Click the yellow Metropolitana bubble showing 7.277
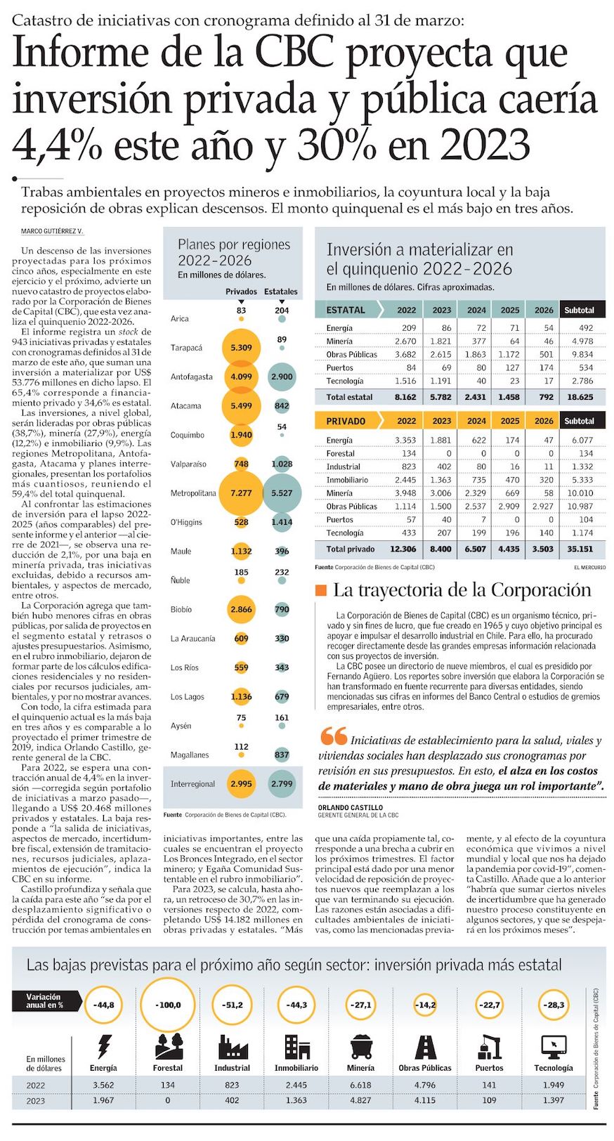tap(241, 493)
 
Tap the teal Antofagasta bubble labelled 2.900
tap(282, 377)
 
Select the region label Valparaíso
tap(188, 464)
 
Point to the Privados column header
tap(241, 292)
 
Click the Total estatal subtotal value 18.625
tap(580, 397)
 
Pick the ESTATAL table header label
tap(346, 310)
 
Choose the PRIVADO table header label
tap(346, 421)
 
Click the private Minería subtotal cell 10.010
tap(580, 493)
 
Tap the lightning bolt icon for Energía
tap(103, 1046)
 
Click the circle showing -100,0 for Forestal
tap(168, 1005)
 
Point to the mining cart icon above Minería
tap(360, 1046)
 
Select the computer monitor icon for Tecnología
tap(554, 1046)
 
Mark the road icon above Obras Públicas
tap(425, 1046)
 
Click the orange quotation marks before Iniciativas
tap(333, 736)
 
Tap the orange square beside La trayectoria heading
tap(321, 590)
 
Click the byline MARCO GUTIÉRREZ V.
tap(52, 232)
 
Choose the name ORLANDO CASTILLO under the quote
tap(351, 808)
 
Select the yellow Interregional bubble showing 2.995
tap(241, 784)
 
